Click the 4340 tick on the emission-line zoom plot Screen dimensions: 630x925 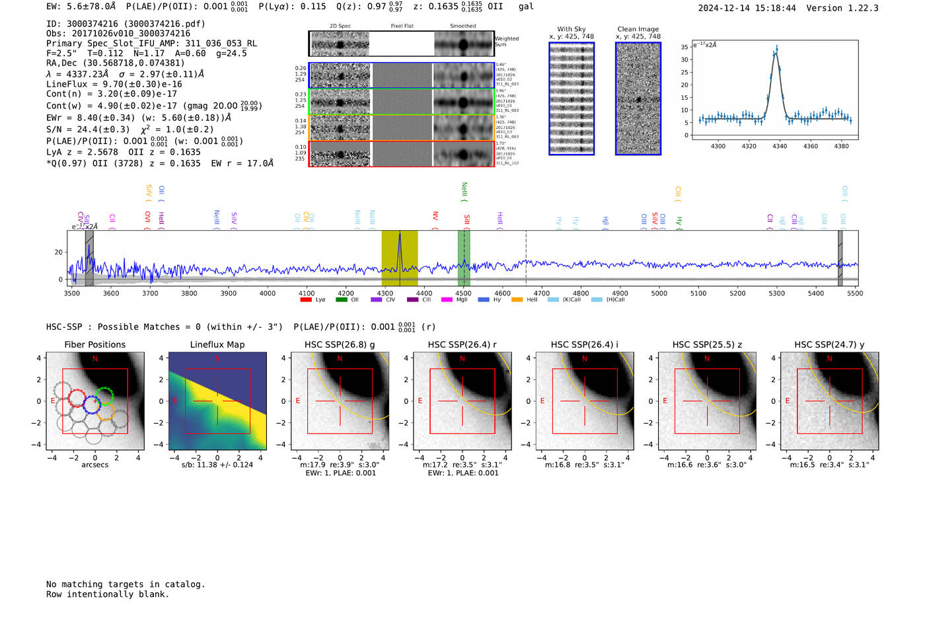coord(780,146)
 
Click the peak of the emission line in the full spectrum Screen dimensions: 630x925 coord(399,235)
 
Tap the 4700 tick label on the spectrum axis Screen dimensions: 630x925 coord(541,294)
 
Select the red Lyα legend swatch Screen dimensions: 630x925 coord(306,300)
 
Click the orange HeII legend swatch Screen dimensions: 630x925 coord(517,300)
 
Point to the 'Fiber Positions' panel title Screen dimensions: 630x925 coord(94,344)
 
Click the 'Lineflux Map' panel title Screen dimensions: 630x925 coord(217,344)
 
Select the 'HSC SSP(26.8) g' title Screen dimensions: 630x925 coord(340,344)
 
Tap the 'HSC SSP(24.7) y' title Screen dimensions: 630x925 coord(829,344)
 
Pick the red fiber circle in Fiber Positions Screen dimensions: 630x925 coord(76,399)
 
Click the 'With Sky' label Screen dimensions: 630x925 coord(572,29)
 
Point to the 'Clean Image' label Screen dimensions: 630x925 coord(638,29)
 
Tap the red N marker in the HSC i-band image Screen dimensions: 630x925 coord(585,358)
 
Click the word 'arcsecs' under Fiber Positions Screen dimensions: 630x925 coord(94,465)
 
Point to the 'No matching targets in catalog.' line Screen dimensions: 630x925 coord(126,584)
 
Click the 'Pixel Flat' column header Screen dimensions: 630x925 coord(402,26)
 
